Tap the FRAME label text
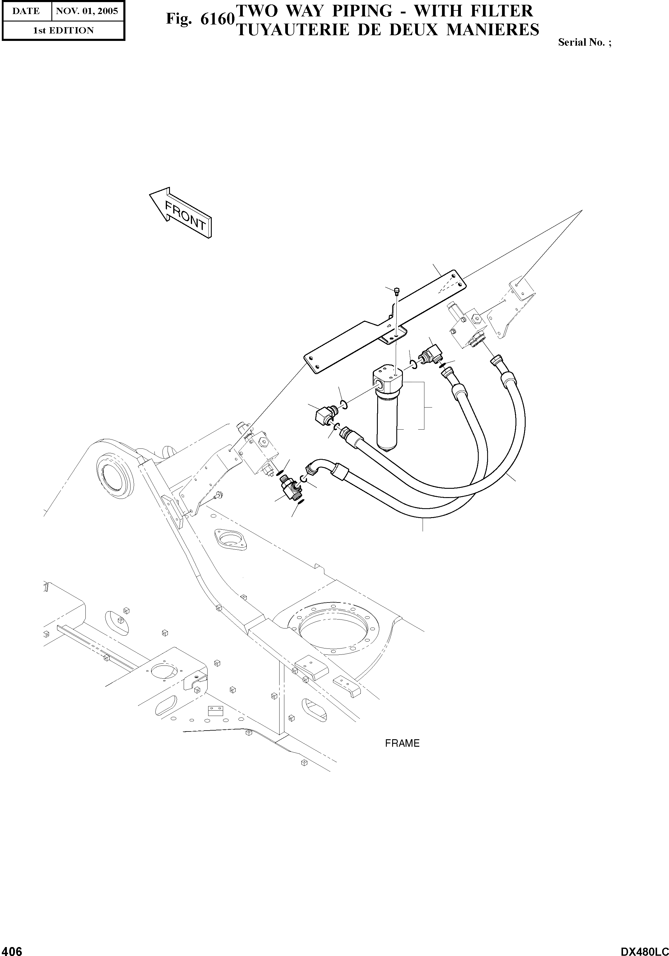click(x=402, y=743)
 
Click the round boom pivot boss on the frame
click(x=113, y=474)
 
